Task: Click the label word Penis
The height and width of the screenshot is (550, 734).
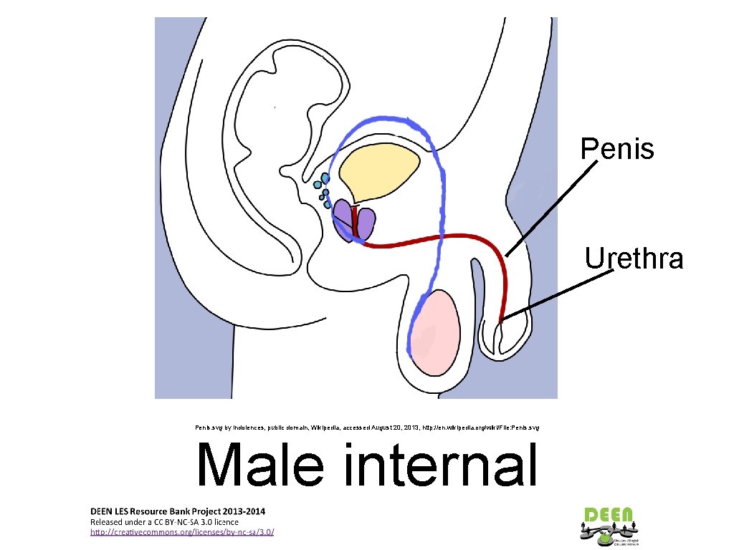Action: (617, 149)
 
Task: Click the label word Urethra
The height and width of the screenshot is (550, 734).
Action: (634, 258)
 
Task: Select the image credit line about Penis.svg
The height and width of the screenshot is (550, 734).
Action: (367, 428)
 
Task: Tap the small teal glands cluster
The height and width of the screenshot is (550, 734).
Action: (325, 190)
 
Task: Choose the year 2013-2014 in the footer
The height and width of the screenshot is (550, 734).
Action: (244, 511)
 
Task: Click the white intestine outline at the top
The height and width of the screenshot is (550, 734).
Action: (301, 79)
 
